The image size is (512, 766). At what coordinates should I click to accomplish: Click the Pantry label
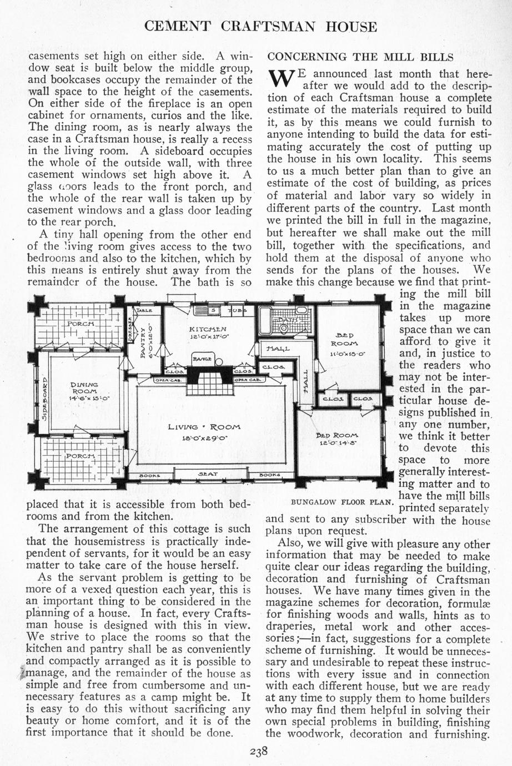(x=143, y=345)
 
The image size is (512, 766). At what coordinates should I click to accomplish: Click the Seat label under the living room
(x=208, y=475)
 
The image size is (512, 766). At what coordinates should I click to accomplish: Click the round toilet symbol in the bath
(x=284, y=329)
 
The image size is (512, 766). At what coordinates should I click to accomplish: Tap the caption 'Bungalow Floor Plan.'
(x=343, y=502)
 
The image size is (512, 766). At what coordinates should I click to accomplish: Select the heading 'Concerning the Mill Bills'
(x=361, y=57)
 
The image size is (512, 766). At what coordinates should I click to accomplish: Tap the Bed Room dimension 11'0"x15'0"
(x=347, y=354)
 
